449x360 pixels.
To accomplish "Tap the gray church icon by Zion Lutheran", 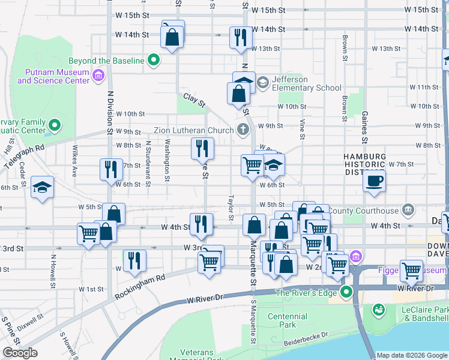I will click(243, 130).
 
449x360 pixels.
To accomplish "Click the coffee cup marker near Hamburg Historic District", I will click(375, 181).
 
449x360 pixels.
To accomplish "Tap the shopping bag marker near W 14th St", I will click(172, 37).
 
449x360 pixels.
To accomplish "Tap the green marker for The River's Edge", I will click(346, 292).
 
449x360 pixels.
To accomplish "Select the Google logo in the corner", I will click(20, 353).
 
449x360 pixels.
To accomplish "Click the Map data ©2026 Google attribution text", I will click(412, 355).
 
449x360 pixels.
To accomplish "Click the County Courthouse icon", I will click(408, 210).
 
